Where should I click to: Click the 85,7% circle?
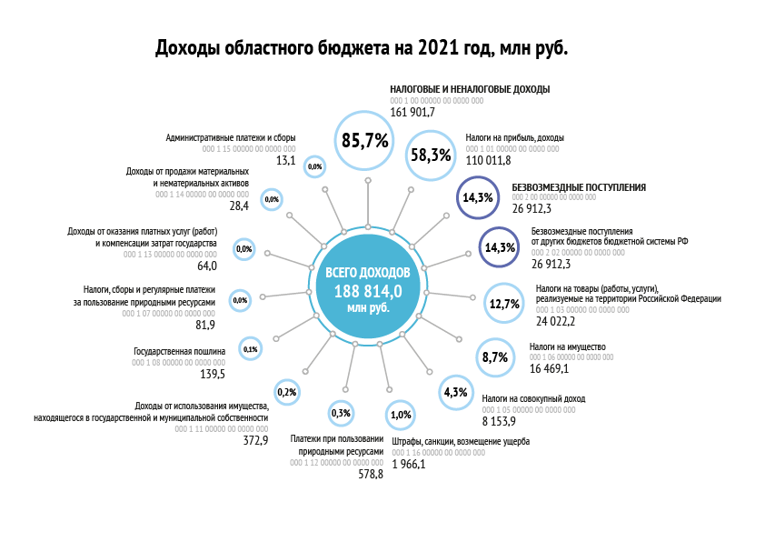pyautogui.click(x=365, y=140)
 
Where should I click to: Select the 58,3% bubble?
pyautogui.click(x=431, y=155)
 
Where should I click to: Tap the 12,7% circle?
pyautogui.click(x=503, y=304)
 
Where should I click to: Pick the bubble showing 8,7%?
pyautogui.click(x=494, y=358)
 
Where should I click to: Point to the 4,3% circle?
pyautogui.click(x=454, y=393)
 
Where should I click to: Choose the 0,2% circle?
pyautogui.click(x=285, y=392)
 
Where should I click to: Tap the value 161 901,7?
pyautogui.click(x=413, y=112)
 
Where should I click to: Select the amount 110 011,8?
pyautogui.click(x=489, y=160)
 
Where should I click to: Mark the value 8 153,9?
pyautogui.click(x=500, y=421)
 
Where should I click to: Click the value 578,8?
pyautogui.click(x=371, y=475)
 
